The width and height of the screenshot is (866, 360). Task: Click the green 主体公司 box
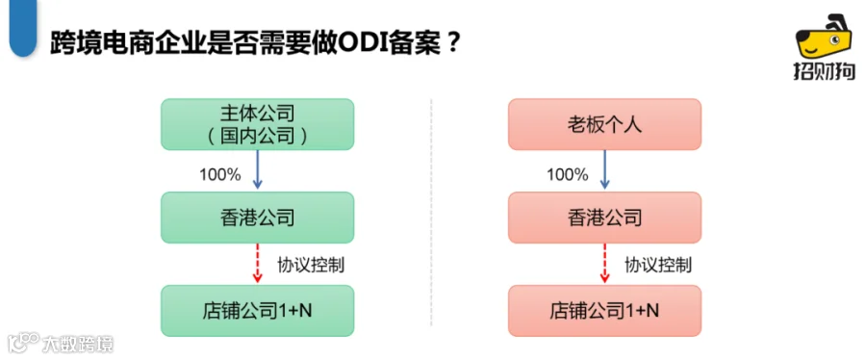257,124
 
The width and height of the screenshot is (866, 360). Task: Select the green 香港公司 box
257,218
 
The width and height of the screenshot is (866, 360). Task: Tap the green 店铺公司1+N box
257,311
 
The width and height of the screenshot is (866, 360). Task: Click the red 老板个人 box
605,124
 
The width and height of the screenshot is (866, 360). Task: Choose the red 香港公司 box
605,218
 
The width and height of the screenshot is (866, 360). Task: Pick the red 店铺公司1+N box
605,311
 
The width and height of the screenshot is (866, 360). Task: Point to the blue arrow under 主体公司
257,170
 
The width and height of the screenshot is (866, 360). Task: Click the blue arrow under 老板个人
605,170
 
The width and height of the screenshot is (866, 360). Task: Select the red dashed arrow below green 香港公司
257,264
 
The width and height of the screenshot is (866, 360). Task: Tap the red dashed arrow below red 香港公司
605,264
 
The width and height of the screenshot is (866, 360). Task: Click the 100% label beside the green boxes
219,175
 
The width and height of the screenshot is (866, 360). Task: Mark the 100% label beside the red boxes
567,175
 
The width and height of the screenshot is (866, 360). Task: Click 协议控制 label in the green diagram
311,265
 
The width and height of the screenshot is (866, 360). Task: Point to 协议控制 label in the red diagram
658,265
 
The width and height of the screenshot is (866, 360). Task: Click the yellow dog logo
824,39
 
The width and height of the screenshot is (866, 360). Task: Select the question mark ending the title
452,42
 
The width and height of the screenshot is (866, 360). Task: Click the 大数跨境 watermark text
79,345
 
